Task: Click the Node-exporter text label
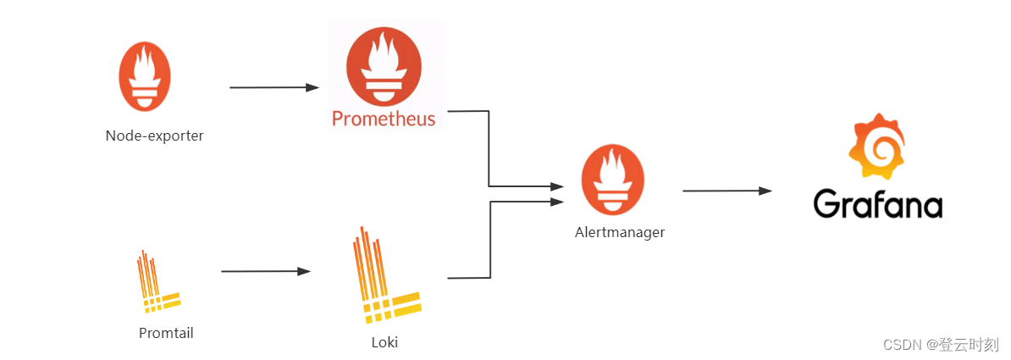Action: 154,136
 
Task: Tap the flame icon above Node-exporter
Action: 145,76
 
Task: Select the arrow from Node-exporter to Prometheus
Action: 273,87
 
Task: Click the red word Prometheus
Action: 384,118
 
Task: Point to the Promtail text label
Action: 166,333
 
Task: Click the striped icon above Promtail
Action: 157,280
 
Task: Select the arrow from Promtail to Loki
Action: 265,271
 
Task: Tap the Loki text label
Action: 384,343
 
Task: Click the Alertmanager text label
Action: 619,232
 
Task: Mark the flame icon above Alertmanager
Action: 612,180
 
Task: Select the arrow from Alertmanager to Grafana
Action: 726,191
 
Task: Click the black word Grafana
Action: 877,204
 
